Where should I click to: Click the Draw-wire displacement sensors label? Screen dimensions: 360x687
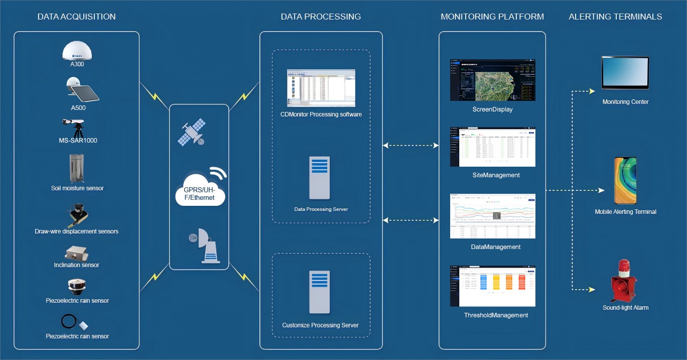coord(77,231)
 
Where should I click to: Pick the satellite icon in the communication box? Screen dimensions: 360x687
coord(192,132)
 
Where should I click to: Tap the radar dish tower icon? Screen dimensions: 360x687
coord(204,246)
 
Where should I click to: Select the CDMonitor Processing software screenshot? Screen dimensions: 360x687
coord(321,88)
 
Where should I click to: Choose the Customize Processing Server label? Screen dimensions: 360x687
coord(320,325)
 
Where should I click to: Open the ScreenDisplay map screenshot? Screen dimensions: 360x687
coord(492,80)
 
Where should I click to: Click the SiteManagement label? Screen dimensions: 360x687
coord(496,175)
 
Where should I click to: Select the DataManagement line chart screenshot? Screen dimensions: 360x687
coord(492,216)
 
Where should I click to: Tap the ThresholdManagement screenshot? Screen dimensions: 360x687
coord(492,286)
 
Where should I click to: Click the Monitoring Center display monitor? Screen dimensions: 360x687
coord(625,72)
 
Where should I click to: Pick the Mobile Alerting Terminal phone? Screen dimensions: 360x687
coord(625,180)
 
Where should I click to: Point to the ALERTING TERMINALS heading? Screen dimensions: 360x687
coord(615,17)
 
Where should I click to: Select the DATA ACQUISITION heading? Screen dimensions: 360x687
coord(76,17)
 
